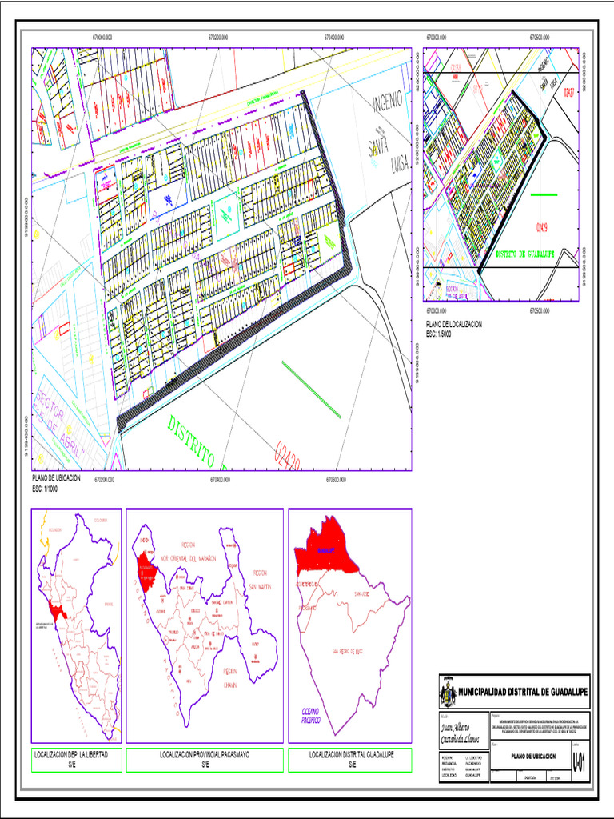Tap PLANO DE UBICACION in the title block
(528, 753)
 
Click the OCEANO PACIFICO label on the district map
(310, 715)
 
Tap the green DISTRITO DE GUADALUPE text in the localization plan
(525, 253)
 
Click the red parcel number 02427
(569, 93)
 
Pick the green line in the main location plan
(311, 389)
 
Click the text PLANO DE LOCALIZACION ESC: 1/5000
(454, 328)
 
